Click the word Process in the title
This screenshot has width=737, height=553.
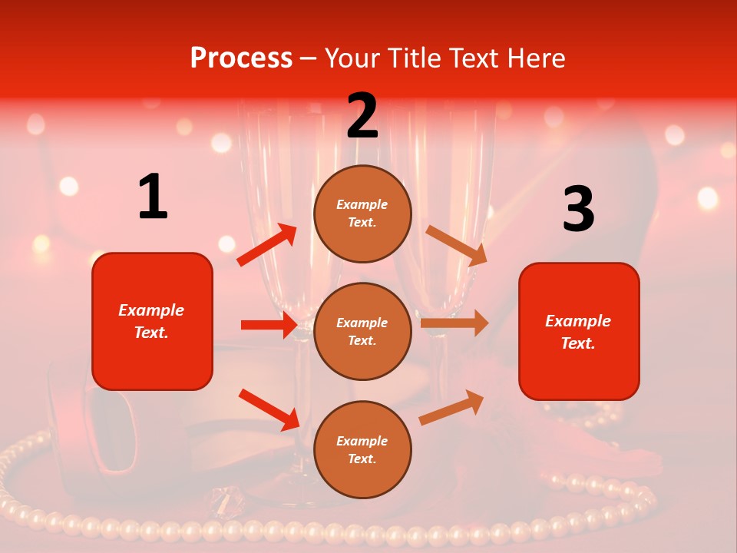click(x=241, y=58)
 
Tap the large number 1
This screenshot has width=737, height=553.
click(x=153, y=197)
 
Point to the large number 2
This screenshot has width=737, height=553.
click(x=362, y=116)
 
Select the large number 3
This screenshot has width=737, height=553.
click(x=578, y=209)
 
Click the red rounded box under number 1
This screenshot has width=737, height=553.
click(x=152, y=321)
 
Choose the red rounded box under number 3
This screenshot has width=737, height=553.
click(x=579, y=331)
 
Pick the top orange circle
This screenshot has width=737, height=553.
click(x=362, y=214)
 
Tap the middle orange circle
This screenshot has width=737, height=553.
click(x=362, y=331)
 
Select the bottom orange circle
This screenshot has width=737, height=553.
click(x=362, y=449)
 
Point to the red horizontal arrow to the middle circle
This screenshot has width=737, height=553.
click(x=269, y=325)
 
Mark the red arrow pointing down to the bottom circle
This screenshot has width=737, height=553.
click(x=269, y=409)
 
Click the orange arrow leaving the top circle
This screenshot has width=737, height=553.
click(x=457, y=245)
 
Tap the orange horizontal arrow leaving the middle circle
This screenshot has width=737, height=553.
click(x=454, y=323)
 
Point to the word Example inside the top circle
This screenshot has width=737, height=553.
click(x=362, y=204)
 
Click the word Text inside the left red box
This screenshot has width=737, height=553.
click(x=150, y=333)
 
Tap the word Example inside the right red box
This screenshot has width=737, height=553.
click(x=578, y=321)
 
